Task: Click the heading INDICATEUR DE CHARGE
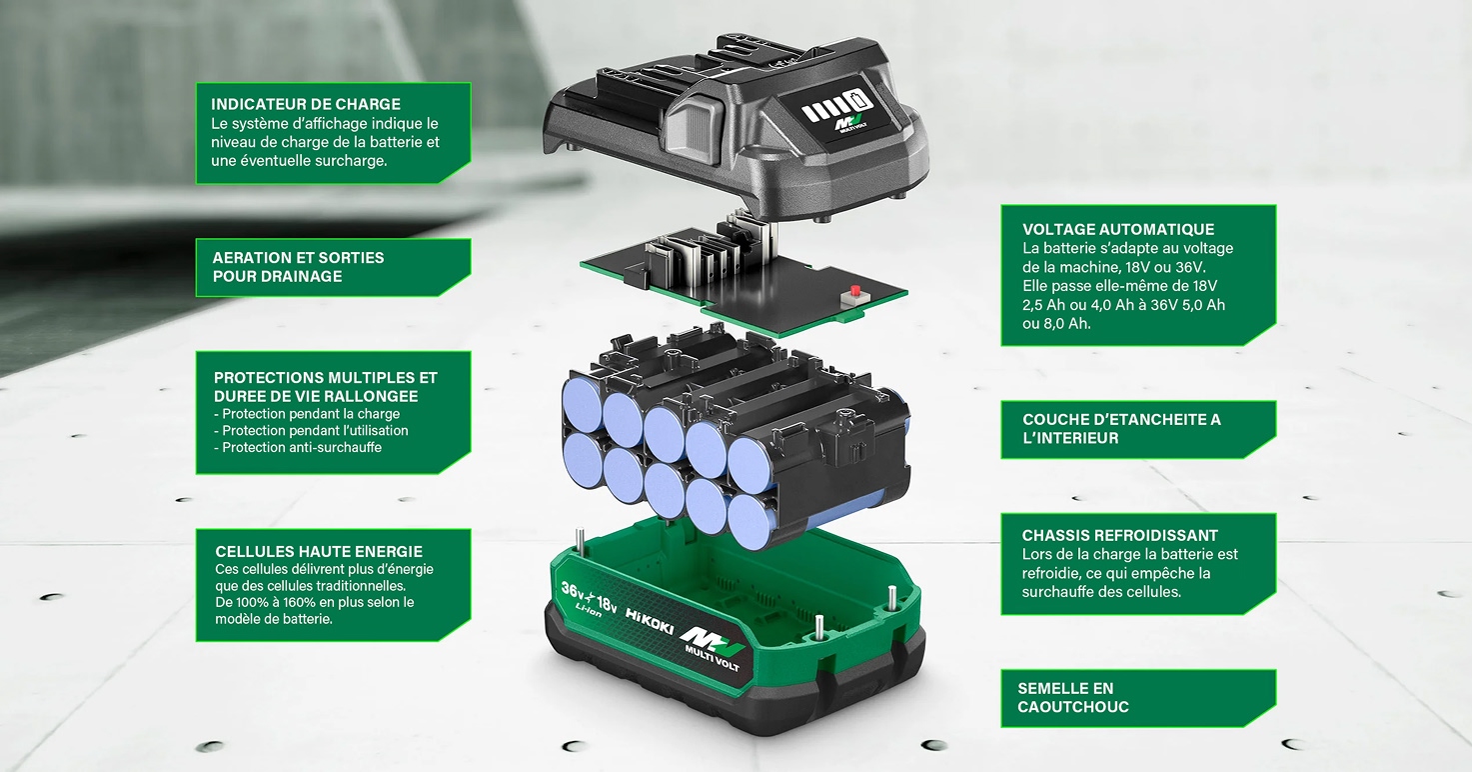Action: click(306, 104)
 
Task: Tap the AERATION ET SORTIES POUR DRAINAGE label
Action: click(299, 267)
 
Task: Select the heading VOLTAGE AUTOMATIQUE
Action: click(1118, 229)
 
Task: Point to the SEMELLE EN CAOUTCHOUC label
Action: click(1073, 698)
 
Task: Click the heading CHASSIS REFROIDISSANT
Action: click(1120, 535)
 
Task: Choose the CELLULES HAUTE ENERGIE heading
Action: click(319, 552)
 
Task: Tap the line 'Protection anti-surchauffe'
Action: click(298, 447)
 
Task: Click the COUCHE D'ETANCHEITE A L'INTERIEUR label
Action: click(1122, 429)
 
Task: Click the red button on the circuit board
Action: click(855, 291)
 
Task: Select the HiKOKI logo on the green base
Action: click(650, 621)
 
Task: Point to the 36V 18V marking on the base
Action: click(589, 597)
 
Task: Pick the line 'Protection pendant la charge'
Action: click(307, 414)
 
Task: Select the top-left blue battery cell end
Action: click(583, 404)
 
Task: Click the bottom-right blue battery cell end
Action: click(748, 522)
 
